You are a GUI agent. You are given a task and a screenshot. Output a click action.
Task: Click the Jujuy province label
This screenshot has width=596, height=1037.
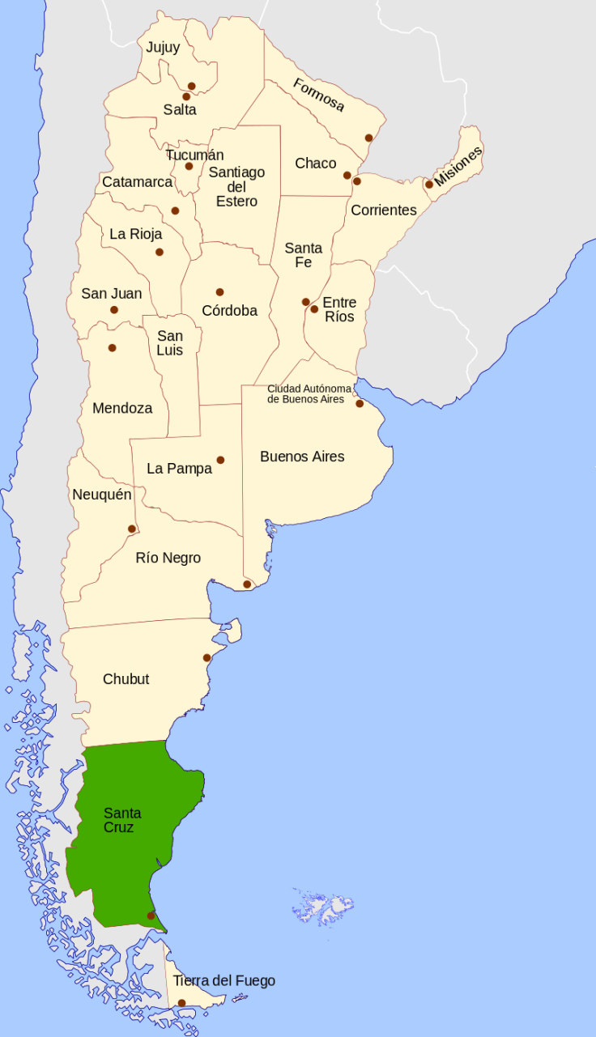pos(163,48)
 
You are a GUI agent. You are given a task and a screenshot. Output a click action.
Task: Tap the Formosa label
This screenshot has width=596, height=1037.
pos(318,95)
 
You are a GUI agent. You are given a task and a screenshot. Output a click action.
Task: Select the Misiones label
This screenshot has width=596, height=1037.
pos(458,167)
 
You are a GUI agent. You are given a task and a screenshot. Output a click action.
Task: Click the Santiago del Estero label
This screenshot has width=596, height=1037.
pos(236,186)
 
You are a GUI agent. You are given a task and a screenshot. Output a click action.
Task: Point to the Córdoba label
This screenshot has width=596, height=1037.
pos(229,311)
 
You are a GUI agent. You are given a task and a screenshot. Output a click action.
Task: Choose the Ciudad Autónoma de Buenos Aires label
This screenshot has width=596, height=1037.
pos(309,393)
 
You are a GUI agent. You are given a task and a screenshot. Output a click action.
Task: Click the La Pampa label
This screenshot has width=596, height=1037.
pos(179,469)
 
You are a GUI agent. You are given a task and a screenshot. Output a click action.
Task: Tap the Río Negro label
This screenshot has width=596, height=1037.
pos(168,558)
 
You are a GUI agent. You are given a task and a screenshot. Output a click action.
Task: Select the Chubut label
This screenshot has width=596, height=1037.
pos(126,679)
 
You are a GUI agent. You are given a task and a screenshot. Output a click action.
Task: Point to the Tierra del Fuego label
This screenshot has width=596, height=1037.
pos(223,981)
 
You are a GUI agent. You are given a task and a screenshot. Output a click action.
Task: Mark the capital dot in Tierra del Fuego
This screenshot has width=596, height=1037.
pos(181,1003)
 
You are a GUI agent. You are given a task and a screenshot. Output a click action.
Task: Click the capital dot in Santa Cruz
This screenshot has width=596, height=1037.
pos(151,916)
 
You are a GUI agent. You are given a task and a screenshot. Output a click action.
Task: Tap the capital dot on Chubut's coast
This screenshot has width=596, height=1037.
pos(206,657)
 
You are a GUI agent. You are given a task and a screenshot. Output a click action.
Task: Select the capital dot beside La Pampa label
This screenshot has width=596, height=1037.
pos(220,460)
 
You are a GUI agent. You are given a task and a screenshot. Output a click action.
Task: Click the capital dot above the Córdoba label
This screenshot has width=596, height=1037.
pos(219,292)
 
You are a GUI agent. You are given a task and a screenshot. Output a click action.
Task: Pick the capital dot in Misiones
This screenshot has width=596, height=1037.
pos(429,184)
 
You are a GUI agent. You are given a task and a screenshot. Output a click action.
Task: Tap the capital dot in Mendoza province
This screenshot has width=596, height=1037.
pos(112,348)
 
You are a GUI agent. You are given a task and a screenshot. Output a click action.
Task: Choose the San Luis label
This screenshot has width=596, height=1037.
pos(170,343)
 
